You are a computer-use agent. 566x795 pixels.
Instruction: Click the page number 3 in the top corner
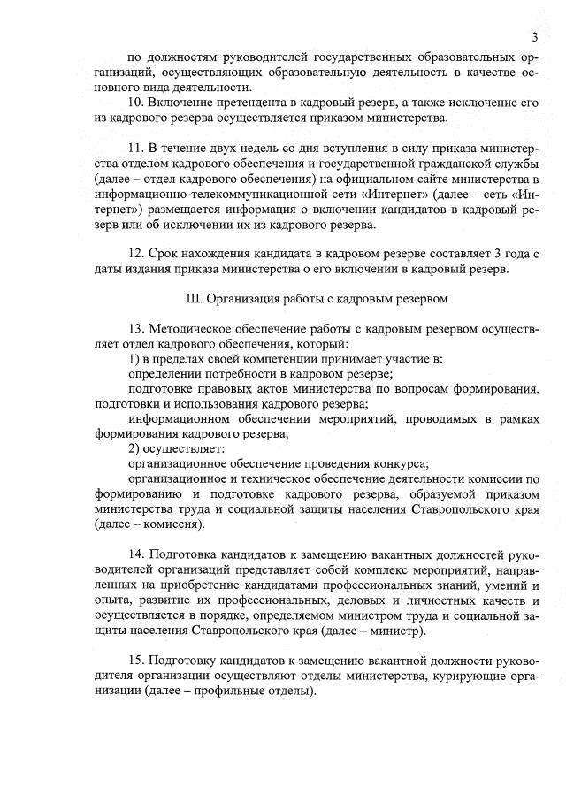535,36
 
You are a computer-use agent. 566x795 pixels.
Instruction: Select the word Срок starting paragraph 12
166,253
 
